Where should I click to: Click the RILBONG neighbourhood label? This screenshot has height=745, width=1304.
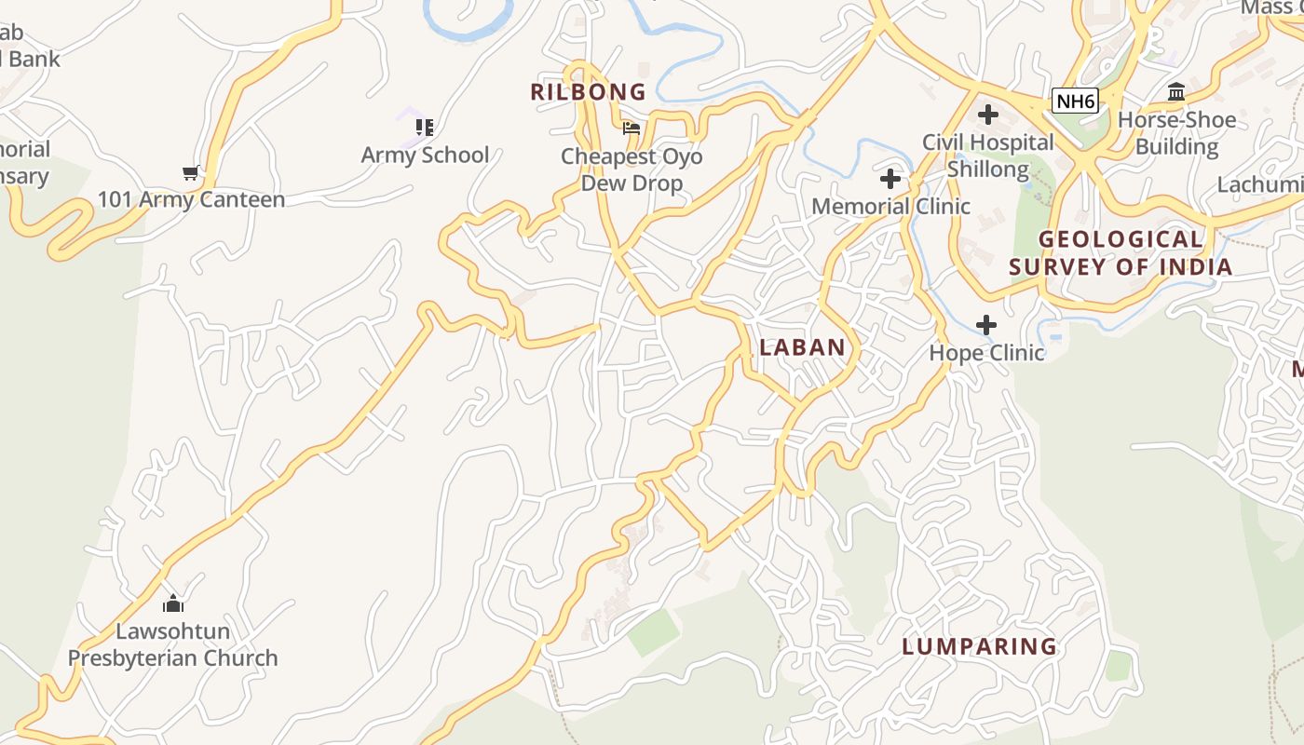pos(588,91)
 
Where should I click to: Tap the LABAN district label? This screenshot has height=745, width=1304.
pos(802,347)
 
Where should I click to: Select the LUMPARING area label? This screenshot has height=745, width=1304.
pos(979,646)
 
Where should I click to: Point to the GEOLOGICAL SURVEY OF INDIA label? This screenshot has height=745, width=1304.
pos(1121,252)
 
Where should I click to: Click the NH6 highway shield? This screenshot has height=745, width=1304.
pos(1075,101)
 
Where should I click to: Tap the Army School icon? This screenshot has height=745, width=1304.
pos(425,127)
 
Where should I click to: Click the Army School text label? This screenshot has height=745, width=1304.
pos(425,155)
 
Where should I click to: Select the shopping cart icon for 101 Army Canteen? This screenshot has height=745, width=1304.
pos(191,172)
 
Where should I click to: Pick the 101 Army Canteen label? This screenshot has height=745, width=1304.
pos(191,199)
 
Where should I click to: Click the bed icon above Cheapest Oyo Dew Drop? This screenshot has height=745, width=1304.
pos(632,129)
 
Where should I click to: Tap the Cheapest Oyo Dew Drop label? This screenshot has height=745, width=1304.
pos(632,169)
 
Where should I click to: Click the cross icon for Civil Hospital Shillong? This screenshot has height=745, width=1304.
pos(987,115)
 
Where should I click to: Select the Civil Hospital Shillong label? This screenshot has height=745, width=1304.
pos(987,156)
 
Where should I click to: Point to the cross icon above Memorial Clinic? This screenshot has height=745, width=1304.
pos(890,179)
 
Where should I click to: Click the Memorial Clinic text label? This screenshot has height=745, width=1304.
pos(890,206)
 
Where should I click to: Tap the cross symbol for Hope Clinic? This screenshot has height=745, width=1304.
pos(986,325)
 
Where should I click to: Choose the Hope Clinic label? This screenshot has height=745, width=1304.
pos(986,353)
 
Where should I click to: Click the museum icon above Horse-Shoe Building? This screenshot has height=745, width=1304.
pos(1176,92)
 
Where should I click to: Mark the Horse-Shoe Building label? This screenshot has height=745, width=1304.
pos(1176,133)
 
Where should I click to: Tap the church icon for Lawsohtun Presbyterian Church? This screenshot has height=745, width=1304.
pos(172,603)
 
